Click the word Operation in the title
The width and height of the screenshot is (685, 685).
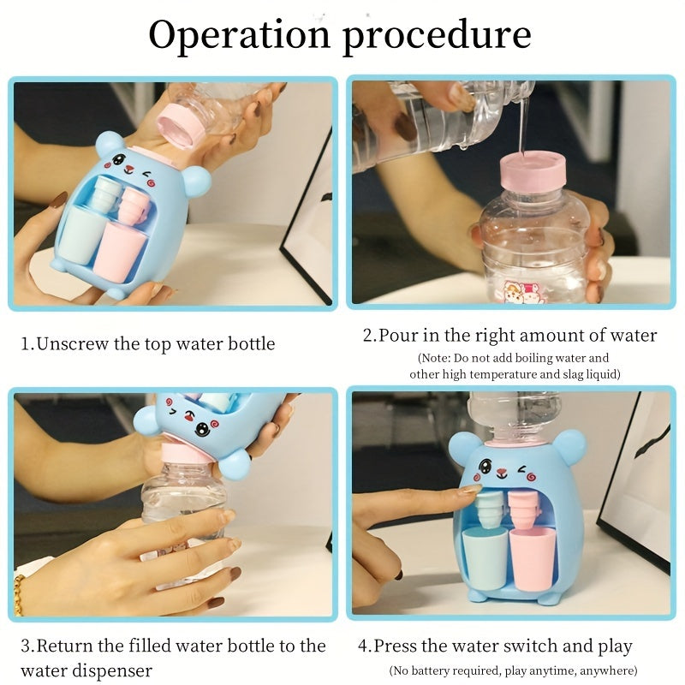(240, 34)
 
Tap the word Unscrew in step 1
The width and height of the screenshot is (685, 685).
(73, 344)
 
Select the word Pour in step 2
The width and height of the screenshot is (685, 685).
(398, 335)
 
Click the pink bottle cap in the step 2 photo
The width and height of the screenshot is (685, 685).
(533, 172)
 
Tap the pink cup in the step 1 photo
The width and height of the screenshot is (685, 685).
(119, 252)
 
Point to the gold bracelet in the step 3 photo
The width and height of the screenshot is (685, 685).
(18, 594)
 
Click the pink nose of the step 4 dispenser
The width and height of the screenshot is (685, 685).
(503, 473)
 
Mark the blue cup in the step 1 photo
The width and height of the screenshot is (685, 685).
(80, 236)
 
